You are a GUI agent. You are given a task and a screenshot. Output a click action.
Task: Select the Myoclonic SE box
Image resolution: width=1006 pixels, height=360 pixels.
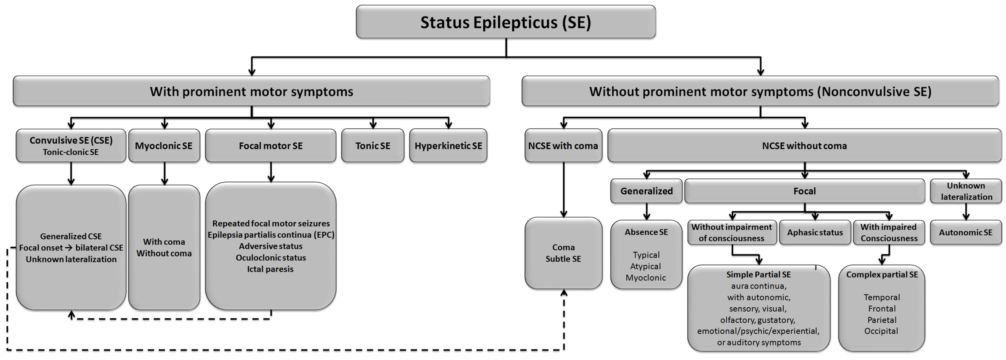[x=164, y=146]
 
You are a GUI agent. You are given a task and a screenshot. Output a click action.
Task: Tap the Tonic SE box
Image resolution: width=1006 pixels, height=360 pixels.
[x=373, y=146]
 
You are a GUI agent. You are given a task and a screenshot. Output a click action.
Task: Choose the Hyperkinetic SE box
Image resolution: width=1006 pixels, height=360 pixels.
[x=448, y=146]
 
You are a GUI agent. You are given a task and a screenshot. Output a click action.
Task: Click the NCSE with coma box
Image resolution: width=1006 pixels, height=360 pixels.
[x=563, y=146]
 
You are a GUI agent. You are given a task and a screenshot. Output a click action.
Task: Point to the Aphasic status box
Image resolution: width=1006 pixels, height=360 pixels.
[x=815, y=232]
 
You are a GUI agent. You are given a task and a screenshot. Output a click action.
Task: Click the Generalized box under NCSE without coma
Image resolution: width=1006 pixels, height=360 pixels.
[x=646, y=191]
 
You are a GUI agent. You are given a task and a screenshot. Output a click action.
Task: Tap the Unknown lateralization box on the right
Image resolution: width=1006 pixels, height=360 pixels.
[x=966, y=191]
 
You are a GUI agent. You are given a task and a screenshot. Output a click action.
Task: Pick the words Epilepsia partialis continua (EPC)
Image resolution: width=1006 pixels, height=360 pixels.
[x=271, y=235]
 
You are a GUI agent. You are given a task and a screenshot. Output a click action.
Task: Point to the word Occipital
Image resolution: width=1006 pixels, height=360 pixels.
[x=881, y=331]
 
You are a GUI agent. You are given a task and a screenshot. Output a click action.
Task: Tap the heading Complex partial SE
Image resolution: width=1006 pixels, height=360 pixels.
[x=882, y=274]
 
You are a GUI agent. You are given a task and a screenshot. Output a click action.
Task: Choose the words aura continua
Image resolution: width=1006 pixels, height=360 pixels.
[x=758, y=286]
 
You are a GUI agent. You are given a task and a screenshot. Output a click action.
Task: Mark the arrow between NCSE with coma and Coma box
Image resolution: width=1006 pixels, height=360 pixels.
[x=563, y=189]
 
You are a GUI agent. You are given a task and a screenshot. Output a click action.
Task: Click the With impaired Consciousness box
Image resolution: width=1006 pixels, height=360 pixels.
[x=889, y=232]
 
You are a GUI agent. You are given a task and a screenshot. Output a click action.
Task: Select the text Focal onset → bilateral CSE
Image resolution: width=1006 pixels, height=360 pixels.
[x=71, y=247]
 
